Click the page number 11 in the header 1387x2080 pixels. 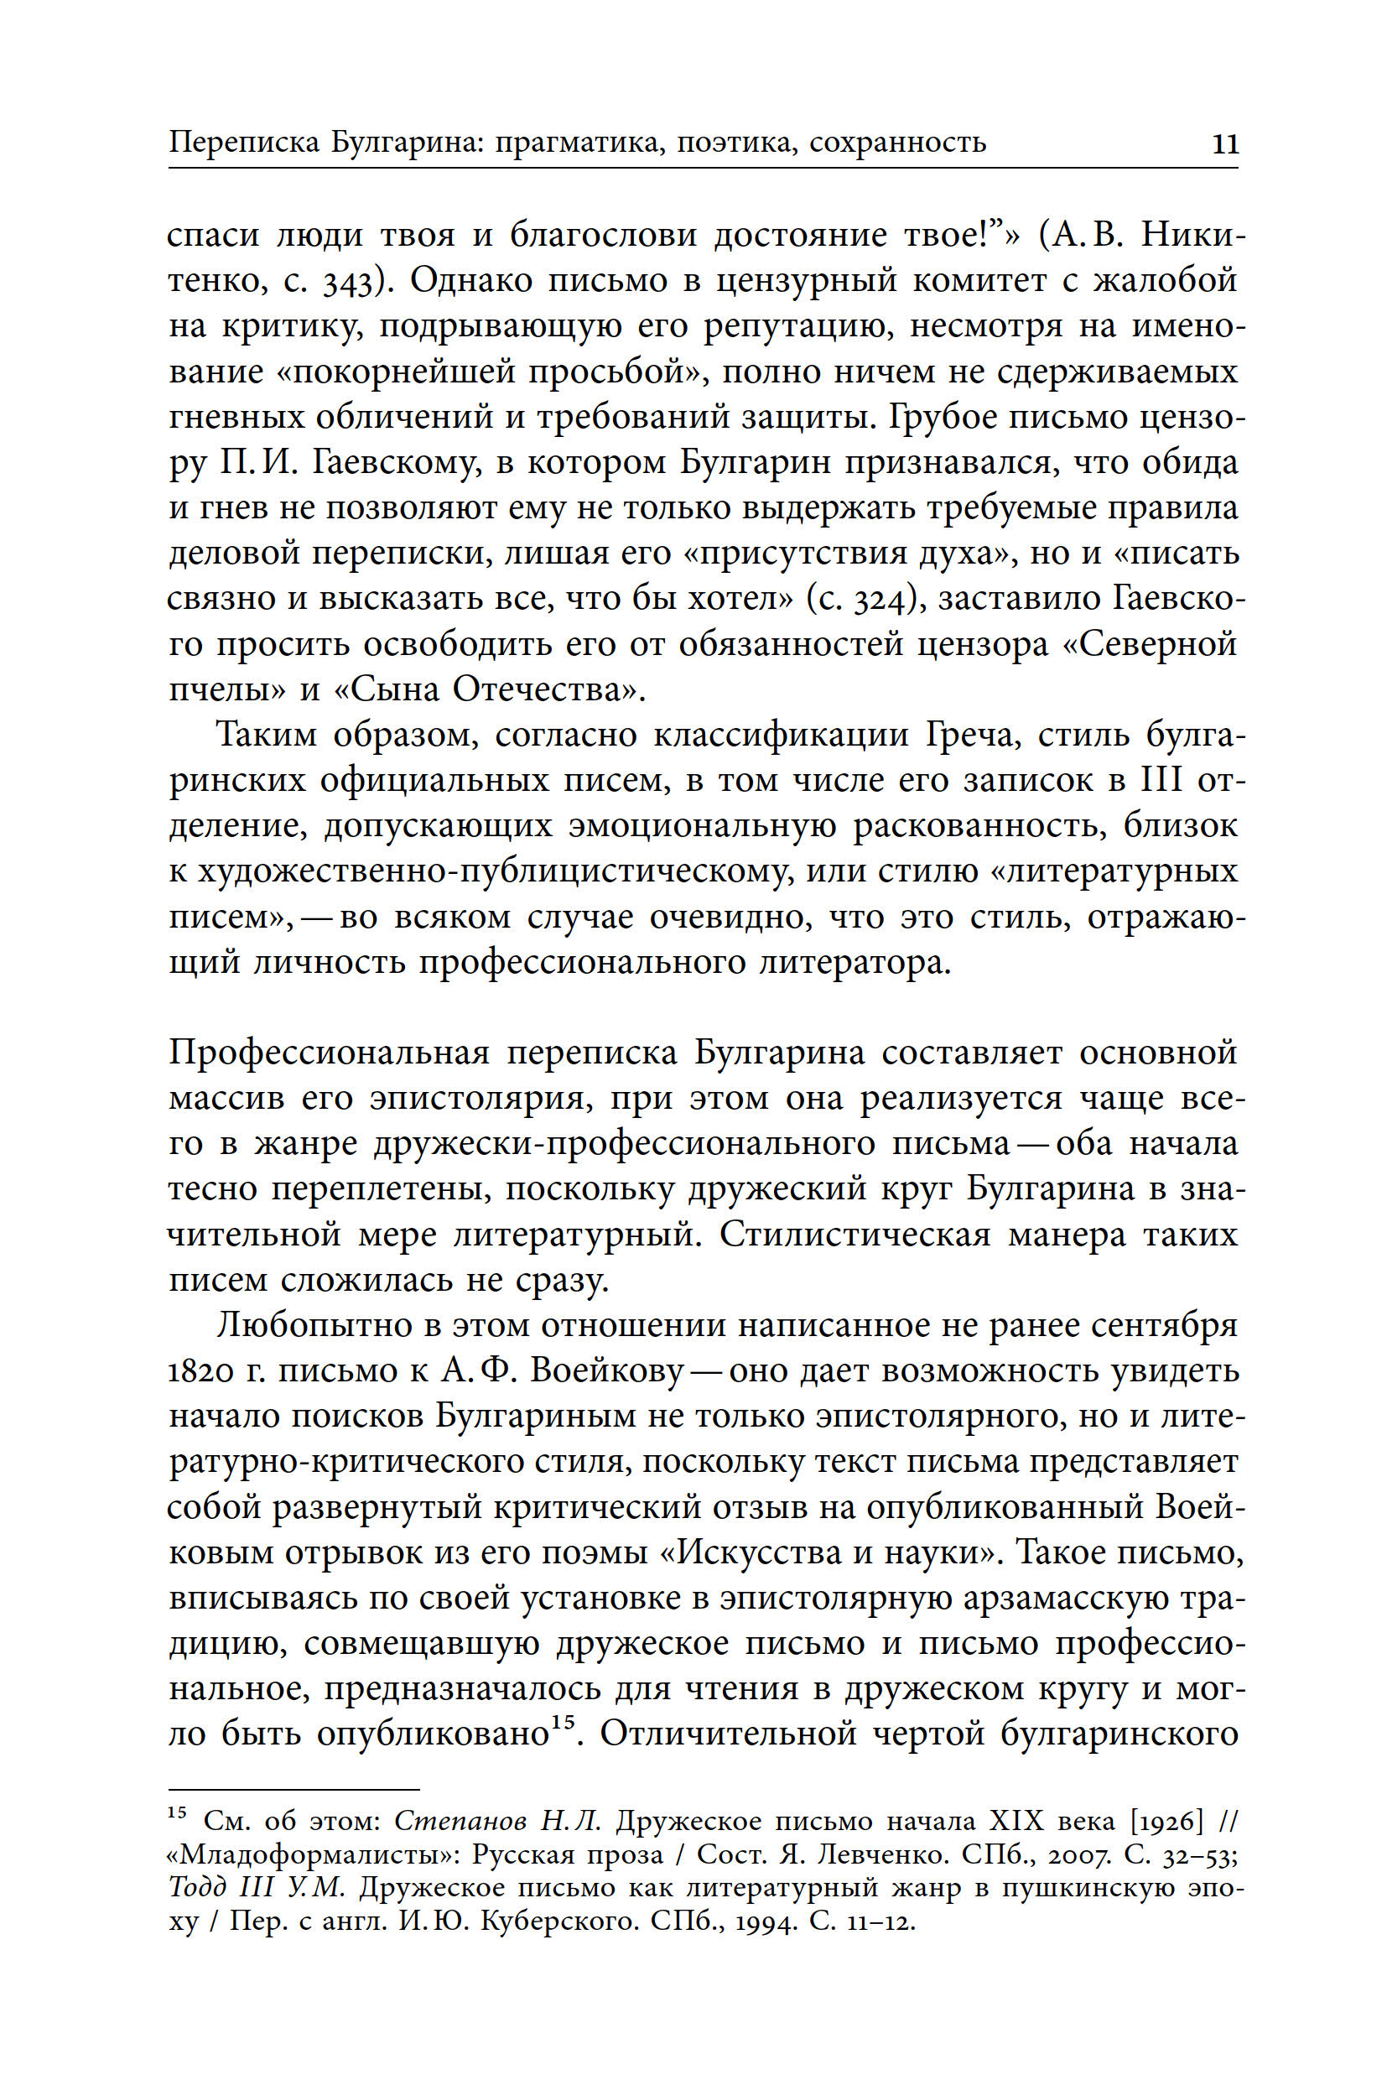coord(1224,143)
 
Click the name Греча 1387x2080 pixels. coord(972,736)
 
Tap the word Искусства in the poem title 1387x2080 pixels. coord(754,1552)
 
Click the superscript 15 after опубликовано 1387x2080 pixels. coord(564,1722)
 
